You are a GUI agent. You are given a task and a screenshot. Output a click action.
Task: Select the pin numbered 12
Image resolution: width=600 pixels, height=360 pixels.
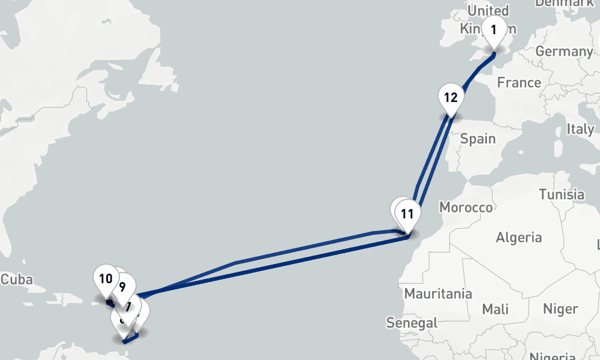pyautogui.click(x=451, y=98)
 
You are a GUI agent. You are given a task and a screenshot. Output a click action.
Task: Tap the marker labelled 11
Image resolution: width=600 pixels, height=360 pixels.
pyautogui.click(x=407, y=214)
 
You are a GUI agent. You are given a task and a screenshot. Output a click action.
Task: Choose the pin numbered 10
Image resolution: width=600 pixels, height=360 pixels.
pyautogui.click(x=106, y=279)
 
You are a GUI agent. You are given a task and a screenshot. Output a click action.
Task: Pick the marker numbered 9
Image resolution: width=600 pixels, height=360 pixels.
pyautogui.click(x=122, y=287)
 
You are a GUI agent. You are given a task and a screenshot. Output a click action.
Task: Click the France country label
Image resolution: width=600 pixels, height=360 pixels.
pyautogui.click(x=519, y=82)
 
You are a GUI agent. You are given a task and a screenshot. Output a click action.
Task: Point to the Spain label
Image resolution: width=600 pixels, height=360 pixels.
pyautogui.click(x=478, y=139)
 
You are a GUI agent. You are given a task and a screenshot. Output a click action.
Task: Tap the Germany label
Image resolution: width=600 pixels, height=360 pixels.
pyautogui.click(x=564, y=52)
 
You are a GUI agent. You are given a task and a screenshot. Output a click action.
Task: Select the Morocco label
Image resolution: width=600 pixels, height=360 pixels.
pyautogui.click(x=466, y=208)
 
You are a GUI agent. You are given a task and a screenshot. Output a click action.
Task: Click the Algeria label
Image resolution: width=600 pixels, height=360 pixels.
pyautogui.click(x=518, y=237)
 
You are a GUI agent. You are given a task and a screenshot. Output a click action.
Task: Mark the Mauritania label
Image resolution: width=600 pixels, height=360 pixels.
pyautogui.click(x=437, y=294)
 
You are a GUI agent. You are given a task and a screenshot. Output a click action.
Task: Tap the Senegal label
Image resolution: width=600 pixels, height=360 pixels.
pyautogui.click(x=412, y=323)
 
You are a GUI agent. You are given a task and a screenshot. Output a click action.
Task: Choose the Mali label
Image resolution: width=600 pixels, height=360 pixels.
pyautogui.click(x=496, y=309)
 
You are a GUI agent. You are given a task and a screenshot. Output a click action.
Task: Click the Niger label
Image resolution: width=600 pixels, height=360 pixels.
pyautogui.click(x=560, y=309)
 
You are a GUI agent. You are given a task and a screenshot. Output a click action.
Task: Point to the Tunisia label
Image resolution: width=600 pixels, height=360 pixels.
pyautogui.click(x=562, y=194)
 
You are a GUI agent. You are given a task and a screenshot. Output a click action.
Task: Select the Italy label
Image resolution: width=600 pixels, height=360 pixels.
pyautogui.click(x=580, y=129)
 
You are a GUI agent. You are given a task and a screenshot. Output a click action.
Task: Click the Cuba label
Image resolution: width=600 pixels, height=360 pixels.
pyautogui.click(x=16, y=280)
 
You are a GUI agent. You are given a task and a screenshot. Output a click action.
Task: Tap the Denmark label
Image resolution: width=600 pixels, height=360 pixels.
pyautogui.click(x=563, y=3)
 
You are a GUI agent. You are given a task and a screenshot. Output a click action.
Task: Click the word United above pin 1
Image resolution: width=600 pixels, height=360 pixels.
pyautogui.click(x=488, y=11)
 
